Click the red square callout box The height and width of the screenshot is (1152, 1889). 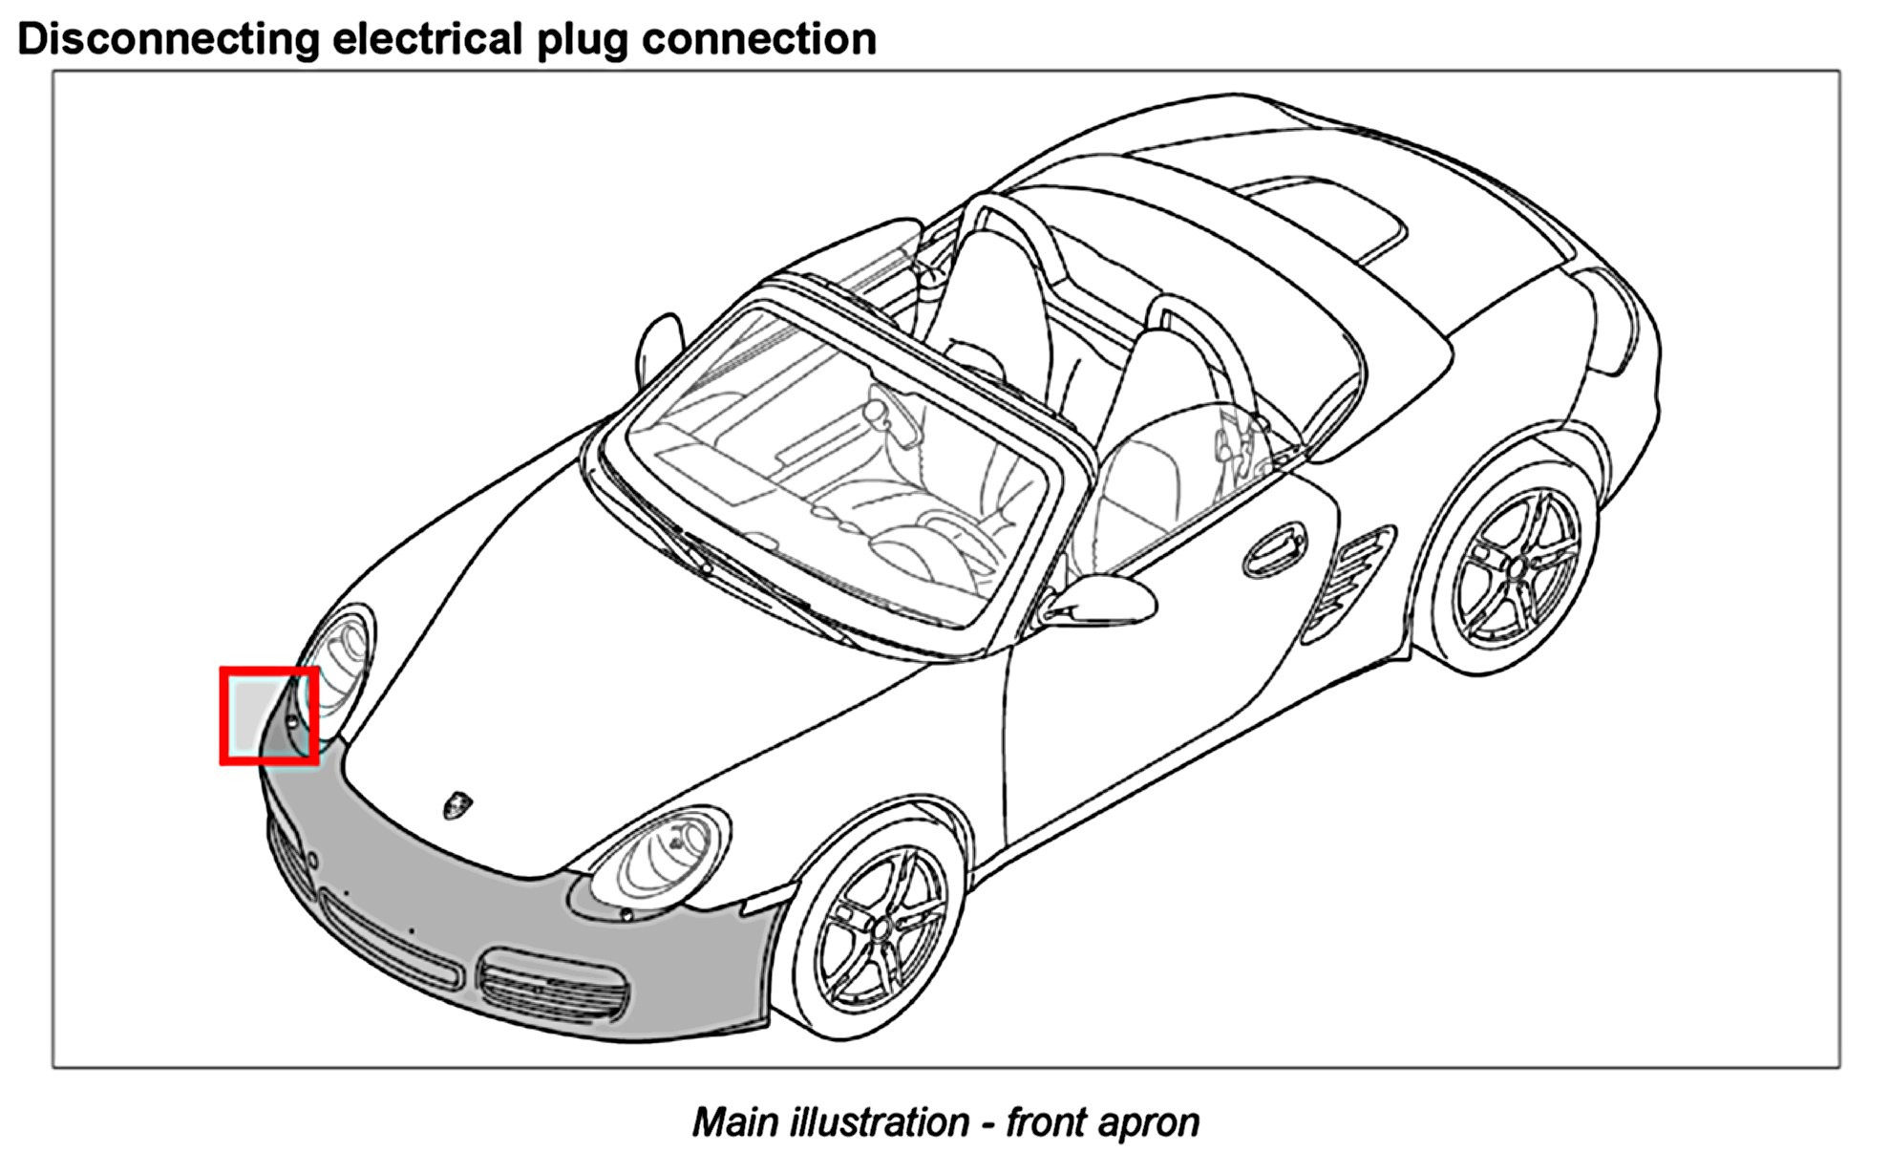point(269,716)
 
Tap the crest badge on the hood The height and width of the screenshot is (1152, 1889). point(457,805)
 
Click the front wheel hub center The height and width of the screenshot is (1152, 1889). point(881,928)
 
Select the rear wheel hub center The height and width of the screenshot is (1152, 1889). point(1516,568)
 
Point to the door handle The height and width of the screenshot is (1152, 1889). point(1274,551)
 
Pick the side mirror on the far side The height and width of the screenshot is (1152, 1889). point(660,344)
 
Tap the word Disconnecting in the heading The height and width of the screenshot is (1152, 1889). point(168,40)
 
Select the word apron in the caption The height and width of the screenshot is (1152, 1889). point(1149,1122)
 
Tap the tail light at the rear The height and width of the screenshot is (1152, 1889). point(1614,320)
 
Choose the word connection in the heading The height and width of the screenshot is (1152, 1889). point(759,40)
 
